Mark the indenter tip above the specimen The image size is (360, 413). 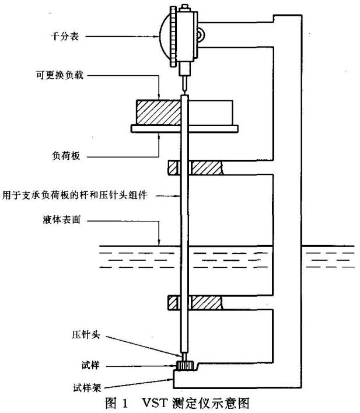(184, 356)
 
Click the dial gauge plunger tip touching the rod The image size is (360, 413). (184, 88)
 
